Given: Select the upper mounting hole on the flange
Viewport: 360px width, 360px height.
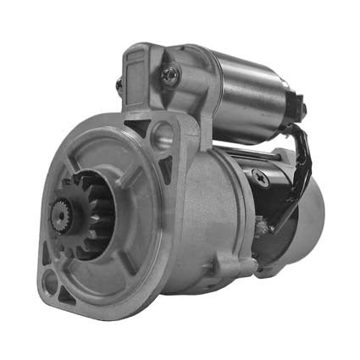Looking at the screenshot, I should (161, 133).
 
